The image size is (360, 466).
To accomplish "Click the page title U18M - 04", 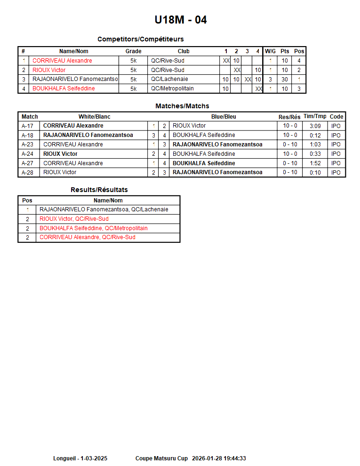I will [180, 20].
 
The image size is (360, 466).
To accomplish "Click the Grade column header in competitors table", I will [133, 51].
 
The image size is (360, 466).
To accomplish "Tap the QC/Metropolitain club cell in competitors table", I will [172, 88].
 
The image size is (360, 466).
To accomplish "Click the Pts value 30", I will [285, 80].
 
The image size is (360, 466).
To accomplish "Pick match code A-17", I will [27, 126].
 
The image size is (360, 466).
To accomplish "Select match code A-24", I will [27, 154].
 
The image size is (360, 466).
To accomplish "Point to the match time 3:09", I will [315, 126].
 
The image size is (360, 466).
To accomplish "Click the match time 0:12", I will [315, 136].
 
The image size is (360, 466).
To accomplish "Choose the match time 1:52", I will [315, 163].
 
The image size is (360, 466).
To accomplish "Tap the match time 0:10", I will [315, 173].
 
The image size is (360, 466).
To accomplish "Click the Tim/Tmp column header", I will [315, 116].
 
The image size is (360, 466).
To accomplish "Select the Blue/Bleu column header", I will [224, 117].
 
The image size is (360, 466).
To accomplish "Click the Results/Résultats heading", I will [99, 190].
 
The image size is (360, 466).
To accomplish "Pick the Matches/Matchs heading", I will [182, 106].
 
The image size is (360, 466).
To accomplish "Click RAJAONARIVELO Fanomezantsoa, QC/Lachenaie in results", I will [104, 209].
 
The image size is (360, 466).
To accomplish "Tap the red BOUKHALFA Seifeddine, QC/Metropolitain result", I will [93, 228].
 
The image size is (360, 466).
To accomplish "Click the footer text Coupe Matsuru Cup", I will [161, 458].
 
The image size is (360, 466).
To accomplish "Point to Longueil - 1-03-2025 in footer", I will [80, 458].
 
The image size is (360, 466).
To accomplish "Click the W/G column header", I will [270, 51].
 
